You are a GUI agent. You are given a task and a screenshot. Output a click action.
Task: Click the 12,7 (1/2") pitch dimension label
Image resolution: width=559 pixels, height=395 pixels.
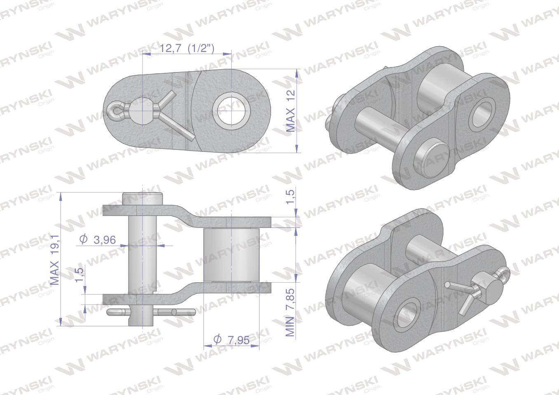click(187, 48)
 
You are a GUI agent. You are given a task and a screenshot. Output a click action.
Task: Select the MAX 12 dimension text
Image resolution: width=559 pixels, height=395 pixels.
click(290, 111)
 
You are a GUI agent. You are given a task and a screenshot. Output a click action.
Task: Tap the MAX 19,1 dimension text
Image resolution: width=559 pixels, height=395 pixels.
click(55, 260)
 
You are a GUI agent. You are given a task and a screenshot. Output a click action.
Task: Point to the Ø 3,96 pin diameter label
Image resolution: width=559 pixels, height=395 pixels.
click(98, 240)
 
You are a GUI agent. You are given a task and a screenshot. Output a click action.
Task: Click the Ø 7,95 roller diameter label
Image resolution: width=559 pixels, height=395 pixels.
click(232, 339)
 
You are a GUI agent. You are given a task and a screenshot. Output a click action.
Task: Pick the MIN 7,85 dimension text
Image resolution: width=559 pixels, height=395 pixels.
click(290, 313)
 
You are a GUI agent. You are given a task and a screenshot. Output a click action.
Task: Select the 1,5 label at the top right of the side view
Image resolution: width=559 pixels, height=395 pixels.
click(290, 197)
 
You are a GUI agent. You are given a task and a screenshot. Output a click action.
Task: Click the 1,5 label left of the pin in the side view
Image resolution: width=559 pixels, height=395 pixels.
click(80, 275)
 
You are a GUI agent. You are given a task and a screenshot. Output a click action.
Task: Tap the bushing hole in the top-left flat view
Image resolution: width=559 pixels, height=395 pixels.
click(232, 111)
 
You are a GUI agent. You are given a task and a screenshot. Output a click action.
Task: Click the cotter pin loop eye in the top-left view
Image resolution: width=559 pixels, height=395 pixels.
click(114, 111)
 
